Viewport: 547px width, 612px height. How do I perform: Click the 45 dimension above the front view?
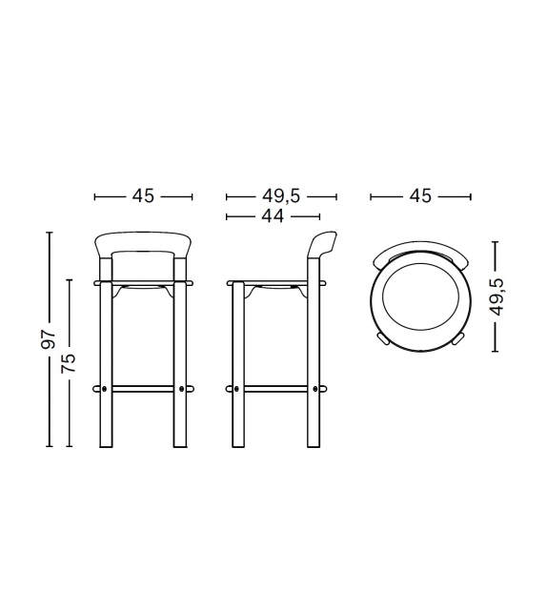[143, 196]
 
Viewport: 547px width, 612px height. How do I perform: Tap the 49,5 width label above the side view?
[281, 196]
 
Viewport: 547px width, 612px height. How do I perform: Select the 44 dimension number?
[274, 216]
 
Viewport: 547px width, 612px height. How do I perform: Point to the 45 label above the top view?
[420, 196]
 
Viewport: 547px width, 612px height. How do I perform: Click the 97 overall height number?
[50, 340]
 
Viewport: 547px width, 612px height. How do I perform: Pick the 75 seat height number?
[69, 363]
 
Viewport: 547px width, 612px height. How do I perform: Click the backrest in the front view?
[143, 242]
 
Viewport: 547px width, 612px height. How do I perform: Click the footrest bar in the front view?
[143, 389]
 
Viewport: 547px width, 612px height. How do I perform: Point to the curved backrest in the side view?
[320, 250]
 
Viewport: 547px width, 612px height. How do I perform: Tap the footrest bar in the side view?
[274, 389]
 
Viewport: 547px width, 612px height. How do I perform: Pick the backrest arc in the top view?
[420, 250]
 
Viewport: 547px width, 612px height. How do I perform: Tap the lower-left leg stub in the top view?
[383, 337]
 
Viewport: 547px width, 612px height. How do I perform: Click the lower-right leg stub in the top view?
[457, 337]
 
